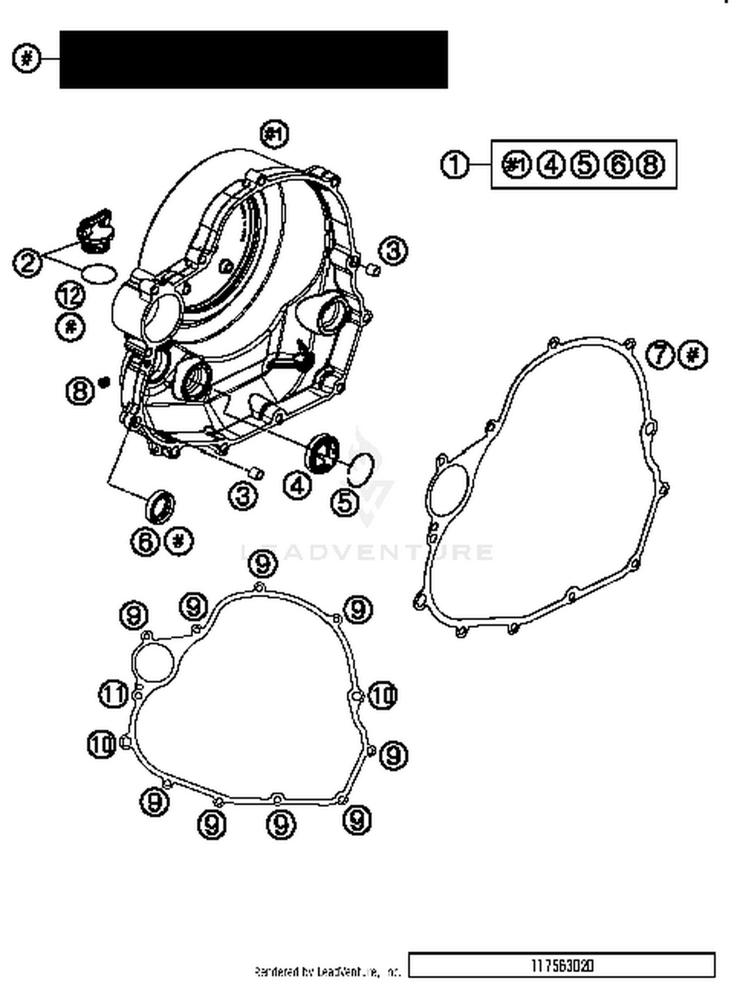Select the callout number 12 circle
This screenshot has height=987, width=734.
pyautogui.click(x=71, y=295)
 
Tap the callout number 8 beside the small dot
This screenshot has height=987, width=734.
pyautogui.click(x=80, y=391)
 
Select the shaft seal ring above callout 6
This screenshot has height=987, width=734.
pyautogui.click(x=160, y=506)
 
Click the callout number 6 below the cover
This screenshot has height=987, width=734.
pyautogui.click(x=145, y=542)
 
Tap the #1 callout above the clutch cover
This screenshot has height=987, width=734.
pyautogui.click(x=275, y=134)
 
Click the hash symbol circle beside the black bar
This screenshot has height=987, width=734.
pyautogui.click(x=27, y=59)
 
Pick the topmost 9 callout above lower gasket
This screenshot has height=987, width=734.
pyautogui.click(x=263, y=564)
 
